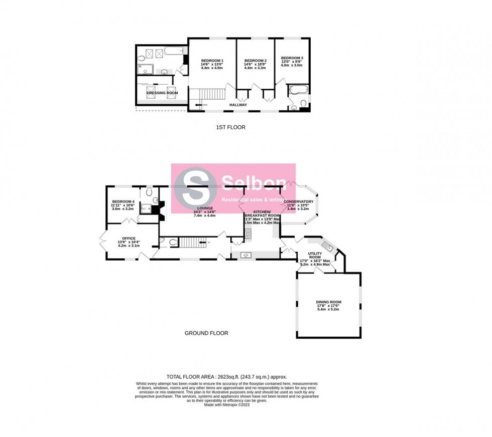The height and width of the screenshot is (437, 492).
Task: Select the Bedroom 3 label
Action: tap(292, 58)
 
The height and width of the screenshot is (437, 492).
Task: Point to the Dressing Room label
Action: tap(162, 93)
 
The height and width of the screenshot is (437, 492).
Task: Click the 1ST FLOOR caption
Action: tap(230, 127)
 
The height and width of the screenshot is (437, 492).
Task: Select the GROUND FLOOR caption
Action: tap(206, 333)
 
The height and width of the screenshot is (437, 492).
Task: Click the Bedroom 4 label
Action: tap(123, 201)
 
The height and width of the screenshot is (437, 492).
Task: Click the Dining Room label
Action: tap(329, 302)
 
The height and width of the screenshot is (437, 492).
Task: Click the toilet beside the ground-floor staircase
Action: tap(172, 243)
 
